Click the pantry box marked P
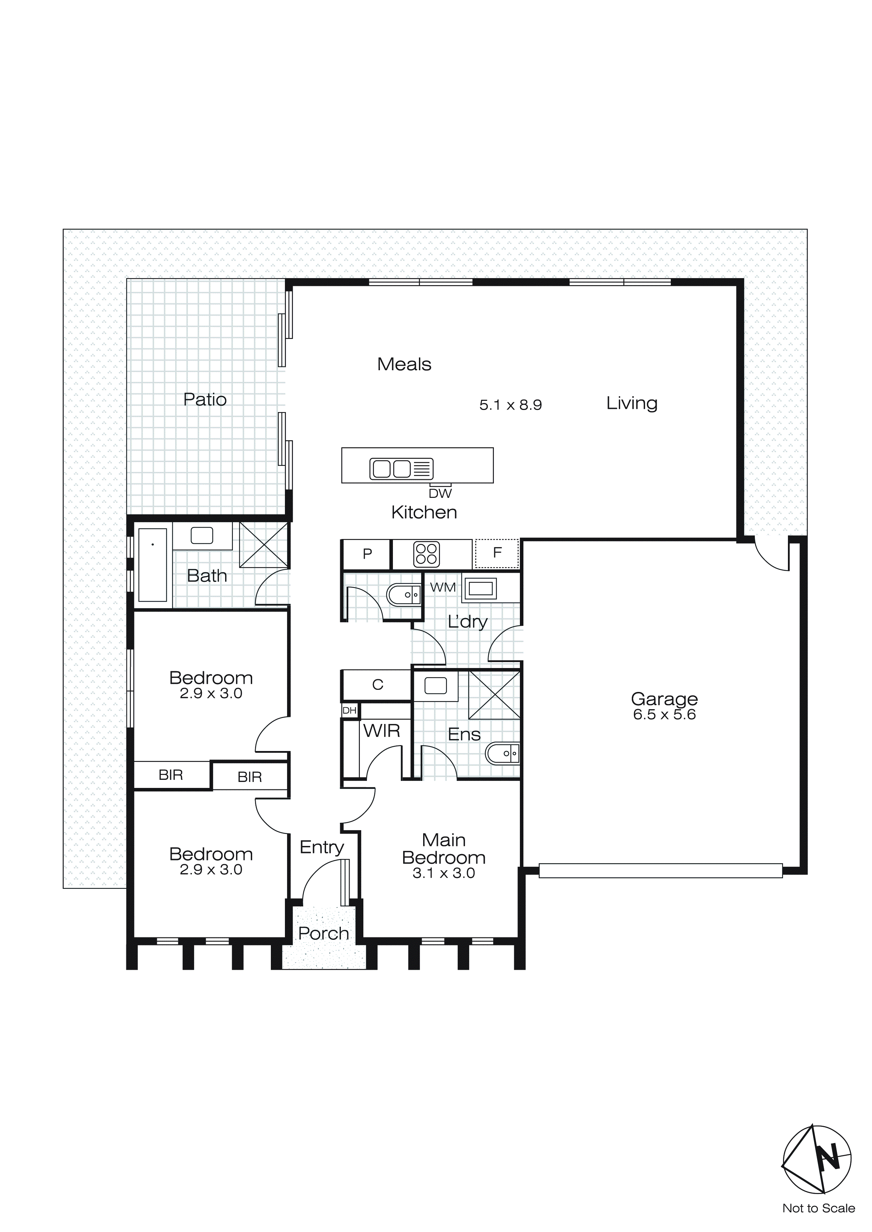(367, 554)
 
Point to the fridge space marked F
(497, 553)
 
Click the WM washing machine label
(443, 588)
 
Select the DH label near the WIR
(350, 711)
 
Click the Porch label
(323, 933)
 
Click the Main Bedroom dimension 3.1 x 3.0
(444, 873)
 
